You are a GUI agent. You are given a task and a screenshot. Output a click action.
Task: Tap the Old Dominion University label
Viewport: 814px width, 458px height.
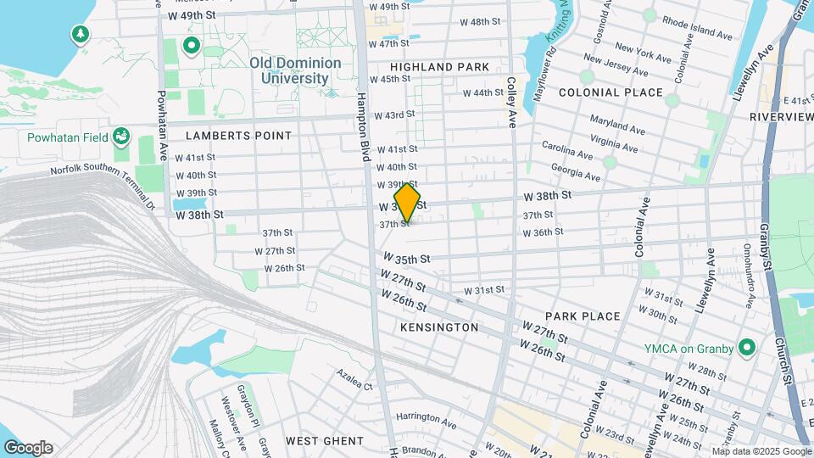click(295, 70)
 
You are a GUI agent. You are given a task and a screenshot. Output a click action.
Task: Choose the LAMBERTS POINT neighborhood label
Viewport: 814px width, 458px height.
click(238, 136)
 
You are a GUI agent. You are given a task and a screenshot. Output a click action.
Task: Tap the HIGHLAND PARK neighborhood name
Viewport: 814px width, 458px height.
click(439, 67)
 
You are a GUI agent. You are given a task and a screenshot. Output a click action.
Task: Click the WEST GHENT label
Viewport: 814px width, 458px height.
click(325, 441)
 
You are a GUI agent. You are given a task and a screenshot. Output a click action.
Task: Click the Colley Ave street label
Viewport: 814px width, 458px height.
click(511, 103)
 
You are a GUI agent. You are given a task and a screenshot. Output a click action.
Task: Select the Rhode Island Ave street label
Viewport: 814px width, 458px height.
click(697, 30)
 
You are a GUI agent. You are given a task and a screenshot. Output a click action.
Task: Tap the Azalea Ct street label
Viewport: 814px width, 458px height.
click(354, 379)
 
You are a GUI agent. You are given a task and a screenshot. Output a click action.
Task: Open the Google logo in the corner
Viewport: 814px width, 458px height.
click(27, 448)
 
